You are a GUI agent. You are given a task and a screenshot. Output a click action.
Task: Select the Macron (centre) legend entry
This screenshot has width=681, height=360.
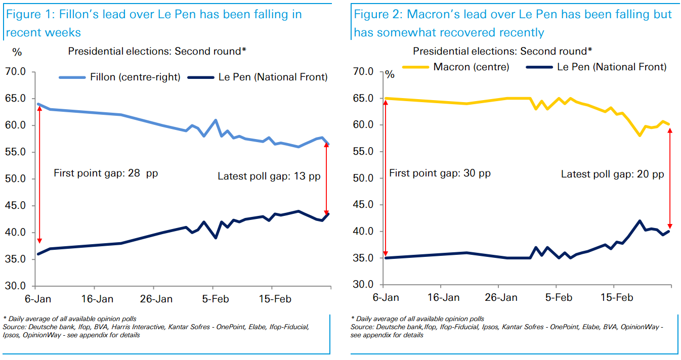471,67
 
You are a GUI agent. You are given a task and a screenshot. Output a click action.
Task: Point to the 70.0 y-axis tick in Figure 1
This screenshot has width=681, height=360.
15,72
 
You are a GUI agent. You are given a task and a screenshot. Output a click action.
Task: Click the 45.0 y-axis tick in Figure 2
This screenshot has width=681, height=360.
363,205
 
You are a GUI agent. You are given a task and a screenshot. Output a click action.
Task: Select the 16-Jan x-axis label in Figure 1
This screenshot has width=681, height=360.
97,299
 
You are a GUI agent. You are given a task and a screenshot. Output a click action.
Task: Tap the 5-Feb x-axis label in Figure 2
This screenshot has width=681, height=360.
558,297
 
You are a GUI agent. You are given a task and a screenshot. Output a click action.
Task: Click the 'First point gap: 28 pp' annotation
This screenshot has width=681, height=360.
105,173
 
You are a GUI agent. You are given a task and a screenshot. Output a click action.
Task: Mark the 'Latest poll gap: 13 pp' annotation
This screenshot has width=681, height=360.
269,176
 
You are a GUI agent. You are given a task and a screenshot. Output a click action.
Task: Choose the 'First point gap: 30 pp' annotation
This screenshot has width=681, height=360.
440,173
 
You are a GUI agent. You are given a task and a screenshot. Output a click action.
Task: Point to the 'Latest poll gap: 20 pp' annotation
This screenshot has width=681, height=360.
612,174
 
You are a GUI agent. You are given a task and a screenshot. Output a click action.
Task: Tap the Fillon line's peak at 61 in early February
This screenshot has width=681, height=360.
216,120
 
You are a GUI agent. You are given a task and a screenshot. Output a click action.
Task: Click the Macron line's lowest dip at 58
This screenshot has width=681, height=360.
640,136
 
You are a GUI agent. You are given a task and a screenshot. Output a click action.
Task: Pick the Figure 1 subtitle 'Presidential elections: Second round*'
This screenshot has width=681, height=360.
157,51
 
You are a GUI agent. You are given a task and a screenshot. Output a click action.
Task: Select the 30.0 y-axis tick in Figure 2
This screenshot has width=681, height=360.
363,285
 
